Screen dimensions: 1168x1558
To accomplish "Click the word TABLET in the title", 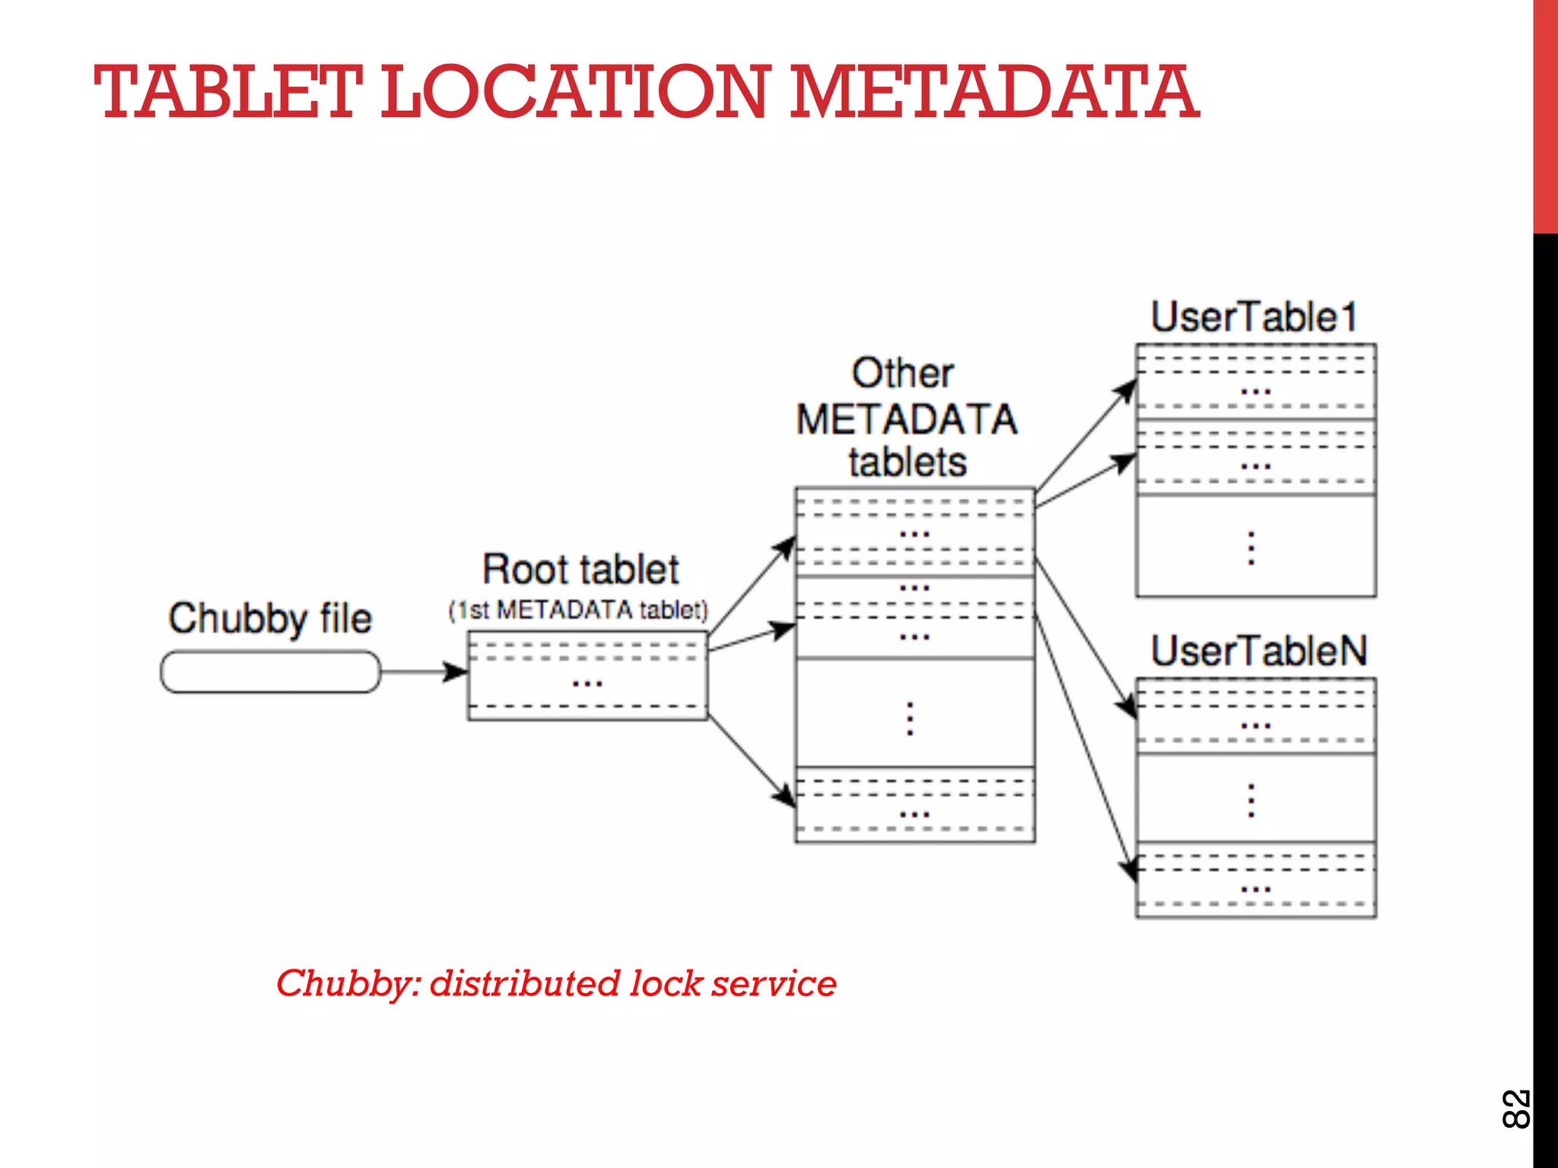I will [226, 93].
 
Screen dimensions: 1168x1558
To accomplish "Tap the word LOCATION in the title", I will [575, 93].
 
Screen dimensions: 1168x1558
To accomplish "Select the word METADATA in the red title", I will [994, 93].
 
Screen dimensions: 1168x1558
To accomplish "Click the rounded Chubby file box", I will [270, 671].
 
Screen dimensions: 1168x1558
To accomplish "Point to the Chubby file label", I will [270, 617].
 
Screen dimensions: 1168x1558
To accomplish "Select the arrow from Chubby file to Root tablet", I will [423, 671].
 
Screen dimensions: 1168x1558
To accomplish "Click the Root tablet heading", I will [580, 569].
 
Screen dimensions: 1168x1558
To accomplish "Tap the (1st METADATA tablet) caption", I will [578, 610].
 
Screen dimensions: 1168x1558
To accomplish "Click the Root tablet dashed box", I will [587, 675].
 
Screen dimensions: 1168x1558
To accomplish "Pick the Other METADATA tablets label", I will [906, 418].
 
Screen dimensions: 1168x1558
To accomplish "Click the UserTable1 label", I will [1254, 316].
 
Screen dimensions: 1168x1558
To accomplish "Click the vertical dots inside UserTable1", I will [1251, 547].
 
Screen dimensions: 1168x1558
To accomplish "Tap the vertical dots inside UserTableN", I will [1251, 800].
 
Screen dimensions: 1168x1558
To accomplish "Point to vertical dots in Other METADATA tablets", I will [910, 718].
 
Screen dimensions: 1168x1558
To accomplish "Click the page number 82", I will [1515, 1109].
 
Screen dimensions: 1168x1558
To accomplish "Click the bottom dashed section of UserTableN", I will [1255, 881].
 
